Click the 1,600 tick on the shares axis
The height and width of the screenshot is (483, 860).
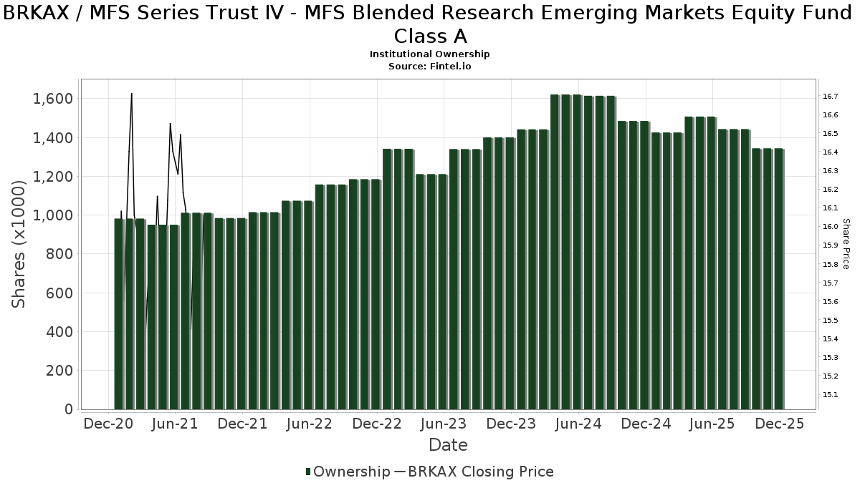tap(53, 99)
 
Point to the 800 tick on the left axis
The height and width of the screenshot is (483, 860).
tap(59, 254)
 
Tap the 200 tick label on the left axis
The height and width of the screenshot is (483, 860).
tap(59, 371)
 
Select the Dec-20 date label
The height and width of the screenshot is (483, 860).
tap(109, 424)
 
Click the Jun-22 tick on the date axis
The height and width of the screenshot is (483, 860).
tap(310, 424)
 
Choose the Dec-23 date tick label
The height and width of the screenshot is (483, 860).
tap(511, 424)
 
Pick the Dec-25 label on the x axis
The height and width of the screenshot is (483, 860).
tap(780, 424)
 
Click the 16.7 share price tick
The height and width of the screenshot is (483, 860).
tap(831, 96)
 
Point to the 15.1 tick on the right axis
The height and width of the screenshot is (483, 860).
tap(831, 394)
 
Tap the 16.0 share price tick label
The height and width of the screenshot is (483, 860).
tap(831, 227)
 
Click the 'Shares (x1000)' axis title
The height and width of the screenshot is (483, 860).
tap(19, 244)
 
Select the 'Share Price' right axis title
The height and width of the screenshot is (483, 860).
tap(846, 244)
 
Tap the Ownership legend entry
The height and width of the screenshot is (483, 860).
tap(348, 472)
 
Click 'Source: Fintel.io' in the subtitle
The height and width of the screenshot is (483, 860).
tap(430, 66)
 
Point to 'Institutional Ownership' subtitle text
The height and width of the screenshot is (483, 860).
tap(430, 54)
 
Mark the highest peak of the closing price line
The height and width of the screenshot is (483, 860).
tap(132, 94)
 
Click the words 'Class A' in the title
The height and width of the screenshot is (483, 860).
tap(430, 36)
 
